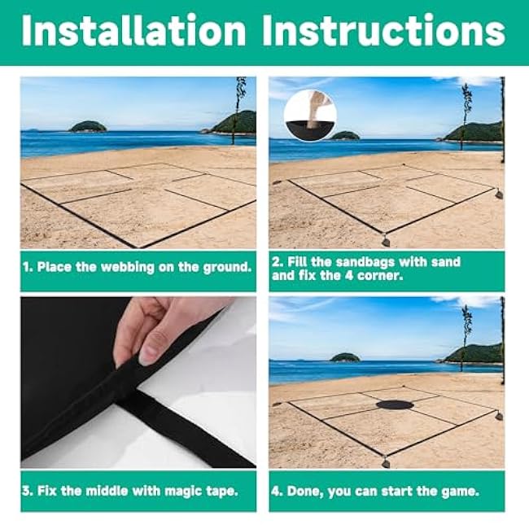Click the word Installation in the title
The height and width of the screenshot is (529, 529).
coord(134,30)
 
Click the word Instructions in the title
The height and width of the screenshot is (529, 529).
coord(383,30)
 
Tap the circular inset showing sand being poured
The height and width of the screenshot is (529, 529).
coord(310,116)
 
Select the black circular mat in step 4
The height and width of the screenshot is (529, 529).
coord(395,404)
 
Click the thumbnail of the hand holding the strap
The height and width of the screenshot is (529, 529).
coord(138,383)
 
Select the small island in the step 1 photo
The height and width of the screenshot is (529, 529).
coord(87,127)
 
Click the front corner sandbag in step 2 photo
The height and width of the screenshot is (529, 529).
coord(386,241)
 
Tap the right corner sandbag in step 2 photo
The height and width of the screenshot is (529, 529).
coord(499,195)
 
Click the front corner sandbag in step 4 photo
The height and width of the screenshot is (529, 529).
coord(386,462)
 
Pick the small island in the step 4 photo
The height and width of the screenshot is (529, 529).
coord(345,357)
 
